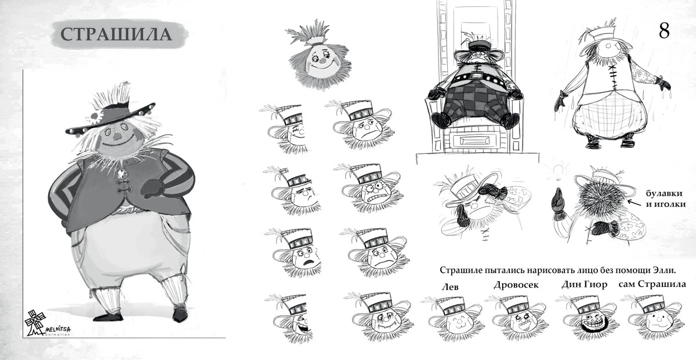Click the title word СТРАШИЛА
coord(116,34)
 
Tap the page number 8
coord(664,31)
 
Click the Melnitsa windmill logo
coord(36,322)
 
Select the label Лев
coord(450,287)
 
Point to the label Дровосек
coord(516,285)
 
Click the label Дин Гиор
coord(584,284)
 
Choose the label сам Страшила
coord(652,284)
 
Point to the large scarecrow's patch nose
coord(117,136)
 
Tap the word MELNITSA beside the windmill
coord(58,329)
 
